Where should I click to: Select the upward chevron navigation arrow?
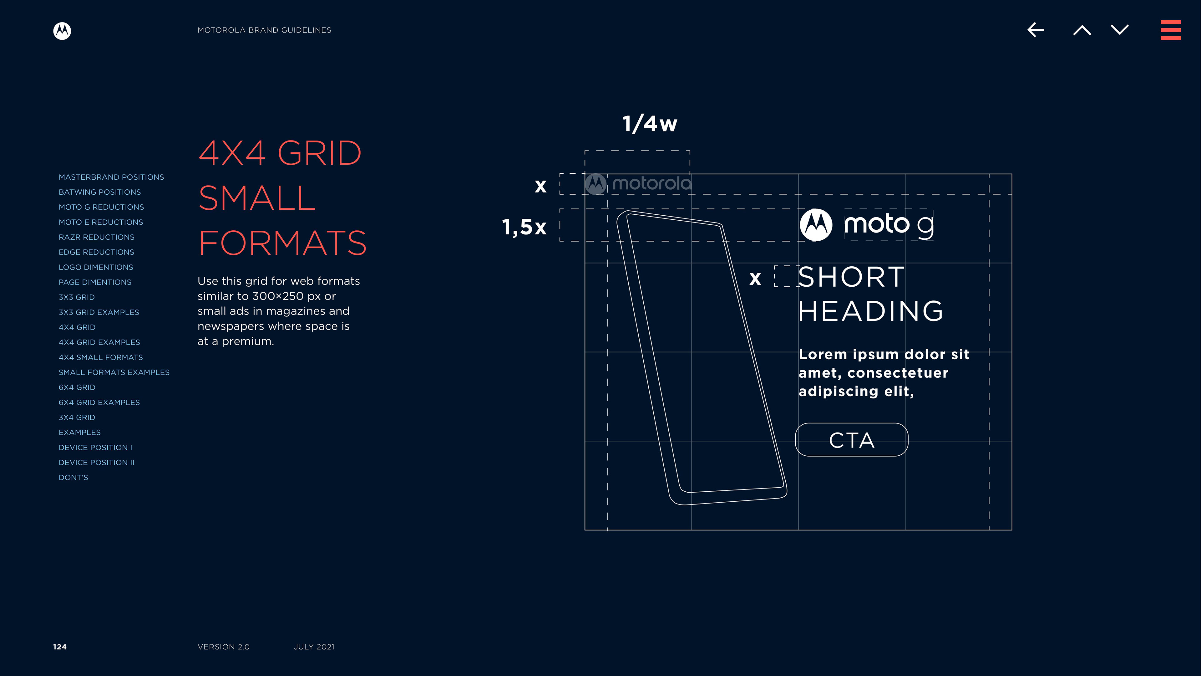1082,30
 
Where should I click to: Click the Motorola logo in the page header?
62,31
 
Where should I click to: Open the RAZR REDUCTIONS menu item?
97,237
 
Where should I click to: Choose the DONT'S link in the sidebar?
73,477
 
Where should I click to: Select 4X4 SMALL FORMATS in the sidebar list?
101,357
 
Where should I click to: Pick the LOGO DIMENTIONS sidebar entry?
96,267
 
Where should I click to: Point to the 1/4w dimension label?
650,124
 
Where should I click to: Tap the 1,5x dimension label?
524,227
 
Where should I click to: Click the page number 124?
60,647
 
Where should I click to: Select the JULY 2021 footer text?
314,647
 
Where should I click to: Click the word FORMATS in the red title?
282,243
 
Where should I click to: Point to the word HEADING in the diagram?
870,311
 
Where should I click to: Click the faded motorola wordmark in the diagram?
652,183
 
